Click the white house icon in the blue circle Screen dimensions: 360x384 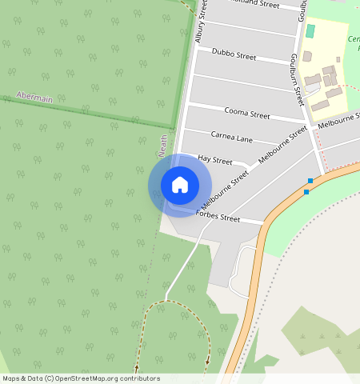click(180, 185)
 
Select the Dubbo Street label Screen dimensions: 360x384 click(234, 56)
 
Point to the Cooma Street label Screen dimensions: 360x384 click(246, 111)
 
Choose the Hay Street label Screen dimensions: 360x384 click(214, 160)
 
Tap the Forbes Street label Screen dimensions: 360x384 click(218, 217)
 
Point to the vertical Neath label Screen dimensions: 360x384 click(162, 145)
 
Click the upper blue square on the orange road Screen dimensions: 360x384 click(310, 181)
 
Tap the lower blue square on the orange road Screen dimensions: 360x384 click(306, 192)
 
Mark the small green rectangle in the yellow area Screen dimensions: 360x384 click(310, 31)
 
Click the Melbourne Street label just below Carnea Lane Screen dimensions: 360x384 click(282, 144)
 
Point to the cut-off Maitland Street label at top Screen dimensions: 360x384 click(254, 5)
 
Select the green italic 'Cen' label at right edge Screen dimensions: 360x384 click(353, 39)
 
